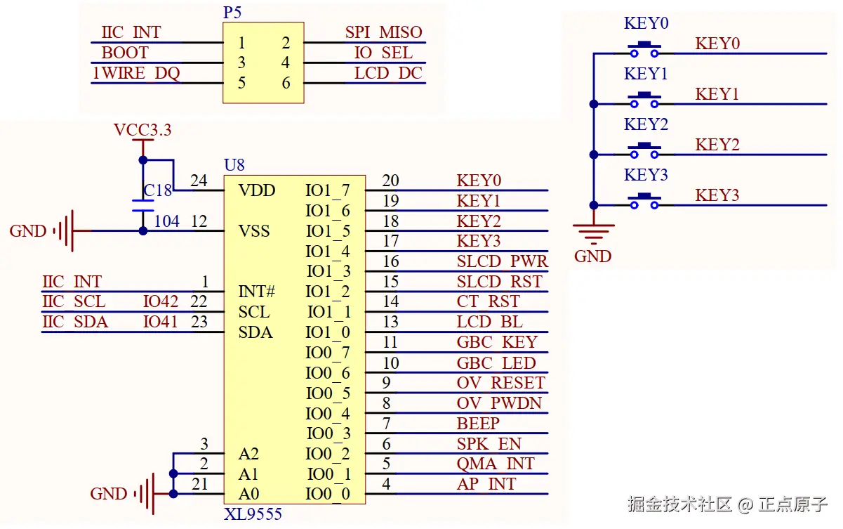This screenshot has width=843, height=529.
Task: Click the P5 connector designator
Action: [232, 13]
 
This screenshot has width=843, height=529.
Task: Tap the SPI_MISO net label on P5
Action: [383, 32]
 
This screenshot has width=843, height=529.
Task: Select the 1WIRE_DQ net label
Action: [135, 73]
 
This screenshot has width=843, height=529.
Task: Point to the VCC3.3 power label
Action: [142, 130]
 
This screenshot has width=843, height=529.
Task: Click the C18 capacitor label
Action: [157, 191]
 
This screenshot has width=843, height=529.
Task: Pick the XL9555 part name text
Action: [253, 514]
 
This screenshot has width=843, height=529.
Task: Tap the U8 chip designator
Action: [234, 166]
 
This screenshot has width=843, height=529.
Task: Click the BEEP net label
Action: [478, 424]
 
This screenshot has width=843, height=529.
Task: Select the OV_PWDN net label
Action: [499, 403]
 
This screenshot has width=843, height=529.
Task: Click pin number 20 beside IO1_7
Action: [390, 181]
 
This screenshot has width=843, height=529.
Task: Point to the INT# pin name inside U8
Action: [256, 291]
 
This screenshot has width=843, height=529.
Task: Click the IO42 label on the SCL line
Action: [160, 301]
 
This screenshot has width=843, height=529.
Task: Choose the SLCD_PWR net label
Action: [501, 261]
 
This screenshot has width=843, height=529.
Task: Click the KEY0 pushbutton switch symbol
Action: [644, 50]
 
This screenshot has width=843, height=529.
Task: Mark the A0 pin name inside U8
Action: [248, 494]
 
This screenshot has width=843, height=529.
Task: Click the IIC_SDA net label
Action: [75, 322]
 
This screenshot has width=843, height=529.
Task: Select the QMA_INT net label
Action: [496, 464]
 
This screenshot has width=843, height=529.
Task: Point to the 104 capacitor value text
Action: [166, 221]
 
